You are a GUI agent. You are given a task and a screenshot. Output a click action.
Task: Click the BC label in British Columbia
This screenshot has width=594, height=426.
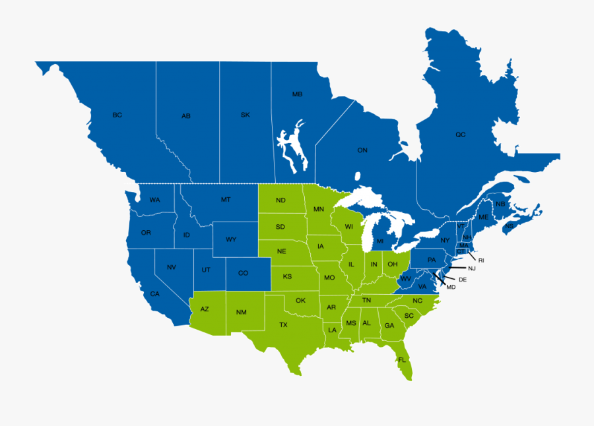tap(117, 115)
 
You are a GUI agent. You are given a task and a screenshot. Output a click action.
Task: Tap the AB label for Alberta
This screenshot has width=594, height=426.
tap(186, 116)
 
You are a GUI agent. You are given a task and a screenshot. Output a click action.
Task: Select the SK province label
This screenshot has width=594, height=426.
tap(245, 115)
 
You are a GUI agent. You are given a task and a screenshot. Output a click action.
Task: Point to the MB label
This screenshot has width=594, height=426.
tap(297, 95)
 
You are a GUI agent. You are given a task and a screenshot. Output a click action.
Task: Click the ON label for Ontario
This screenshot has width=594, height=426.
tap(362, 150)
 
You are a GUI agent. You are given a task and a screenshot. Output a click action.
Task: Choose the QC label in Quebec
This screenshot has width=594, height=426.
tap(460, 135)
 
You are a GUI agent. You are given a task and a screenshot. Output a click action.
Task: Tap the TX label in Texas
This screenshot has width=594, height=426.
tap(283, 324)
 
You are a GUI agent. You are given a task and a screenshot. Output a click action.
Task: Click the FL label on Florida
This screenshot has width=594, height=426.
tap(401, 360)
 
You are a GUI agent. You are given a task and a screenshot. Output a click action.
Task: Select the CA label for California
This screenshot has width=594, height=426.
tap(154, 293)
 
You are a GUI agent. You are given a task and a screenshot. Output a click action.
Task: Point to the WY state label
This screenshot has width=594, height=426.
tap(231, 239)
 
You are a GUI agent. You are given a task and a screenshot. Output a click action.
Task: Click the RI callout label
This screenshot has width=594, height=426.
tap(481, 260)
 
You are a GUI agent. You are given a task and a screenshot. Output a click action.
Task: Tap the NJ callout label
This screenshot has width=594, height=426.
tap(472, 268)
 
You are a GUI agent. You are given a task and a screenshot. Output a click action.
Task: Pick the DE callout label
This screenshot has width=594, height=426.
tap(463, 280)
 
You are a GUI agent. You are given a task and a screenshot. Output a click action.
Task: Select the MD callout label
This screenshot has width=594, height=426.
tap(451, 287)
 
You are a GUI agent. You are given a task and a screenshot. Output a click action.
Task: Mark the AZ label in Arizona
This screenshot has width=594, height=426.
tap(205, 309)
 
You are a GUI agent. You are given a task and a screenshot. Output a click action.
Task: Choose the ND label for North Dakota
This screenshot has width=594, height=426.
tap(280, 200)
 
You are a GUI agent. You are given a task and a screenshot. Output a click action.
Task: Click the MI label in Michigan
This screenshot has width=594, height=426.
tap(380, 241)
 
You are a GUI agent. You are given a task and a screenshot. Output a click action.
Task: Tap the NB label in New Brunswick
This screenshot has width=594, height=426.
tap(500, 204)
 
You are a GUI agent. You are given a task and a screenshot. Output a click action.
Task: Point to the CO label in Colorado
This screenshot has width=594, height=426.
tap(243, 273)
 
